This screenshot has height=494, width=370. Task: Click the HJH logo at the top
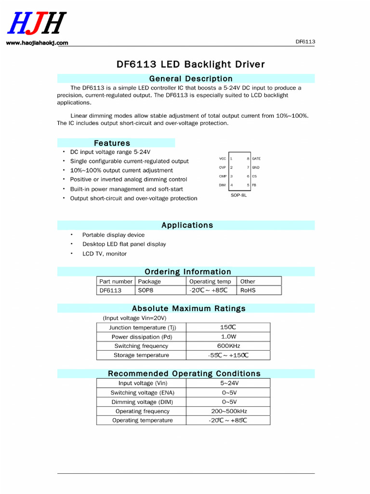(37, 24)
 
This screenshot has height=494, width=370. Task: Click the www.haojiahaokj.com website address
(37, 43)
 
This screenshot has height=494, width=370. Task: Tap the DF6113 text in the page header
(305, 41)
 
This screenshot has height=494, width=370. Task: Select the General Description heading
(191, 79)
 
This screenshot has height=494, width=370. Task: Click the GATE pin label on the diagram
(256, 159)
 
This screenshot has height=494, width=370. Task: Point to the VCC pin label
(222, 159)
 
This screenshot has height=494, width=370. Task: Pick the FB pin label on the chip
(254, 185)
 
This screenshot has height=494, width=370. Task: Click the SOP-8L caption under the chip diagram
(239, 195)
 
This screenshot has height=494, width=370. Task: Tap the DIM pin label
(222, 185)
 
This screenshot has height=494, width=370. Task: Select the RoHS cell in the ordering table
(248, 290)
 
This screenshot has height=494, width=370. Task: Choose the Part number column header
(116, 281)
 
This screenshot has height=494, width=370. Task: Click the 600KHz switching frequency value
(228, 346)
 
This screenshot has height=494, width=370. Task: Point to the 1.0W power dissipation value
(228, 337)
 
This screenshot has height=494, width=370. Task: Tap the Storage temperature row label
(141, 355)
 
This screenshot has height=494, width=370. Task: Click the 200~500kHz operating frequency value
(228, 411)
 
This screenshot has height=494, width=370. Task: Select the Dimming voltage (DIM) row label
(142, 402)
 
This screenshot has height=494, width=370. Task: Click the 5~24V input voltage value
(229, 383)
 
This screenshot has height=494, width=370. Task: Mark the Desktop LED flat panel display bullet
(124, 244)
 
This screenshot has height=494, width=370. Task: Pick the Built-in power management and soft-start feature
(126, 189)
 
